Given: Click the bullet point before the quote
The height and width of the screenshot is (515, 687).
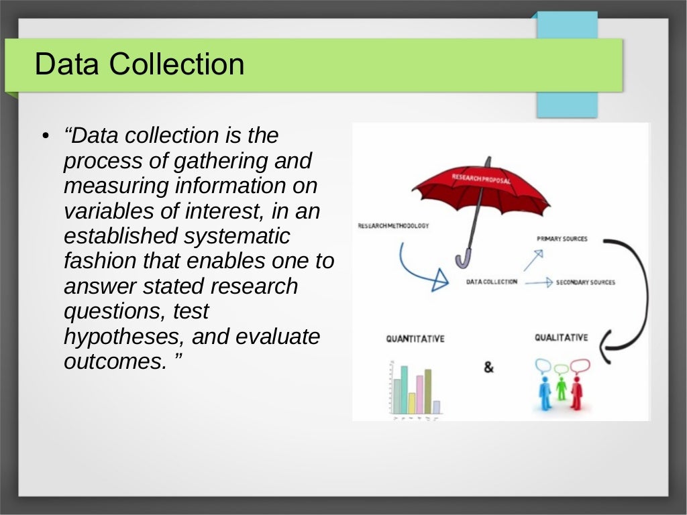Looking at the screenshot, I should (45, 137).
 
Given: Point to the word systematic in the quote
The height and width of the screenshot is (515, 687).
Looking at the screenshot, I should (239, 236).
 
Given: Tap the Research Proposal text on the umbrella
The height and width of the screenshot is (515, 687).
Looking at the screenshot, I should (480, 179).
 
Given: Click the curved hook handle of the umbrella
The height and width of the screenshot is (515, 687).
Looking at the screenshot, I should (463, 259).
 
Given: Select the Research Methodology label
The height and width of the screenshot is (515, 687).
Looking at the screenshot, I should (393, 226).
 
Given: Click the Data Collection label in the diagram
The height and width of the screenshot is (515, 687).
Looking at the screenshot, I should (492, 282).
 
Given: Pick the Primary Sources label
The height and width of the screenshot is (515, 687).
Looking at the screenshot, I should (562, 239).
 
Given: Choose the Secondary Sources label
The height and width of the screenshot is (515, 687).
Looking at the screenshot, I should (585, 282).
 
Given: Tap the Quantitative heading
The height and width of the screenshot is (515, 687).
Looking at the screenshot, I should (415, 339).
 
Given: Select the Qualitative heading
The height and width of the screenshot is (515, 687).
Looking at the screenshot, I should (561, 337).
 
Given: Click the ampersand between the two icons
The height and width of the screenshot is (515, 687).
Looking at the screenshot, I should (488, 367).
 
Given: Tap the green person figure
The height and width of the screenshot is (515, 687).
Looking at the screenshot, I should (561, 388).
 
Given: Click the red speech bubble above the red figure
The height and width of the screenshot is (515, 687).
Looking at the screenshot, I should (580, 365).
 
